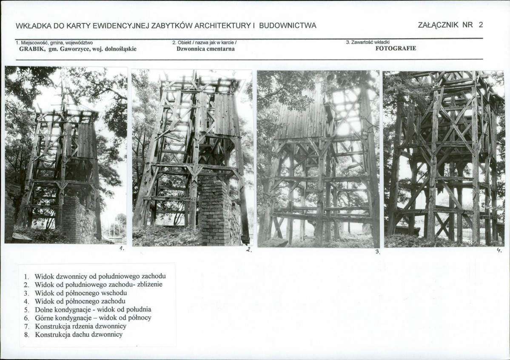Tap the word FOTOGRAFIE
396,49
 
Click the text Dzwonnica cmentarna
205,49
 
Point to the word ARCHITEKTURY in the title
222,26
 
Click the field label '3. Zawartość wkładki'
368,42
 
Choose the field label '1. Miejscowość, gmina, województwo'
54,43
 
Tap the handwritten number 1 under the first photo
121,249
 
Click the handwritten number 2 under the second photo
249,250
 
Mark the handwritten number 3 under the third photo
377,251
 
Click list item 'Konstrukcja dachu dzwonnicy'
79,334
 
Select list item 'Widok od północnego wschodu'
81,293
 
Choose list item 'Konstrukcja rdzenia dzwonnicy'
81,326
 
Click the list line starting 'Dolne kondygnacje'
93,309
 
